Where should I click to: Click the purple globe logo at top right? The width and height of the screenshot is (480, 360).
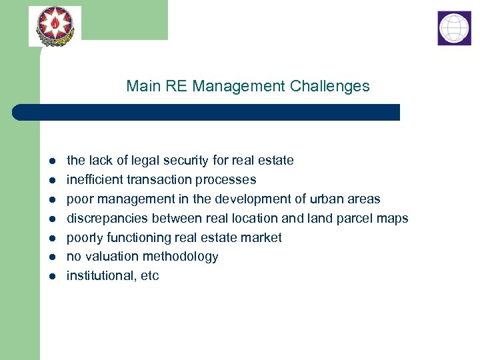pyautogui.click(x=454, y=28)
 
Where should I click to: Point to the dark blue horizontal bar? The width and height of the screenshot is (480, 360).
pyautogui.click(x=207, y=112)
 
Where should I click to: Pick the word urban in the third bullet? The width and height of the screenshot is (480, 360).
pyautogui.click(x=327, y=199)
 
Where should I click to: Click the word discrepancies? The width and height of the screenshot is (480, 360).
pyautogui.click(x=107, y=218)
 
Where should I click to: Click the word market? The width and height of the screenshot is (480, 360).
pyautogui.click(x=263, y=237)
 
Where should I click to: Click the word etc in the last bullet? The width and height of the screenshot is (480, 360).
pyautogui.click(x=150, y=276)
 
